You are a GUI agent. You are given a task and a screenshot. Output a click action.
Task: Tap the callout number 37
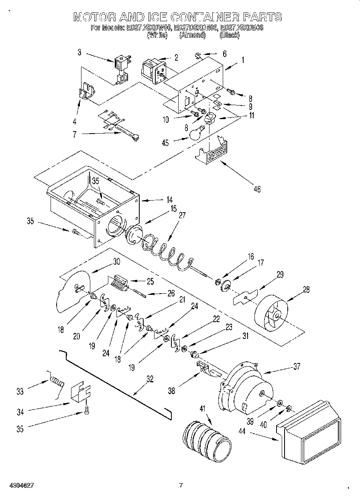(x=297, y=366)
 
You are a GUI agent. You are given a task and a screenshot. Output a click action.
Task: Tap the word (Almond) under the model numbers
(x=192, y=35)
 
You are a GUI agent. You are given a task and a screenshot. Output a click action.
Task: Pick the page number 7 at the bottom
(x=181, y=485)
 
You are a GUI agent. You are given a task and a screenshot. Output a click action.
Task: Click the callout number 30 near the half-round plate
(x=116, y=261)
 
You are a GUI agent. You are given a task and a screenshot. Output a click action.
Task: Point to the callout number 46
(x=257, y=189)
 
